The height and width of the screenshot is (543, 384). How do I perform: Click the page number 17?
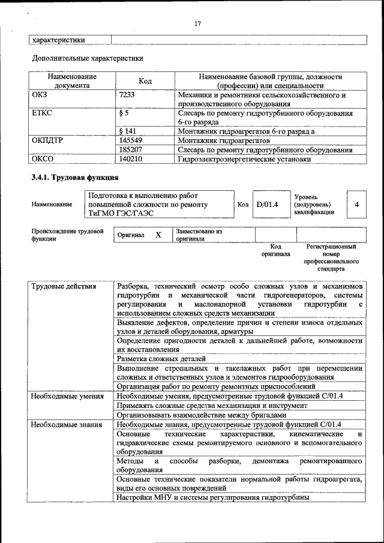[197, 23]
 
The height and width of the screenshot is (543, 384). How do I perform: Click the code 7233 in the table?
[127, 95]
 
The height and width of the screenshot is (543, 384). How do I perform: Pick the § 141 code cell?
[128, 130]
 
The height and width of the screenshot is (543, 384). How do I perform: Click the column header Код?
[145, 81]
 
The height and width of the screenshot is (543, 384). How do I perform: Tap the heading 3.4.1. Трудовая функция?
[75, 178]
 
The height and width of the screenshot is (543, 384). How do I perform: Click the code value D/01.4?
[267, 205]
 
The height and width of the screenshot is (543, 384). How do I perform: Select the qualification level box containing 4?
[356, 205]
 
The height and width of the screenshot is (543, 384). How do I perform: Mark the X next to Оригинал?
[158, 235]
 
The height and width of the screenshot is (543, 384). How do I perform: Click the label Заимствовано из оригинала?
[199, 235]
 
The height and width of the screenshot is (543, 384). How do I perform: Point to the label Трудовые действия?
[64, 286]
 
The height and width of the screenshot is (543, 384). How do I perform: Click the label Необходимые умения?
[67, 397]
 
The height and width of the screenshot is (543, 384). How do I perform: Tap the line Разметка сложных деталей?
[161, 358]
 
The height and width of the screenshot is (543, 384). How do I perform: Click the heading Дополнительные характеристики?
[87, 59]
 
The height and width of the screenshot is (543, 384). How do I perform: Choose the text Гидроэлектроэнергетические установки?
[244, 159]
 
